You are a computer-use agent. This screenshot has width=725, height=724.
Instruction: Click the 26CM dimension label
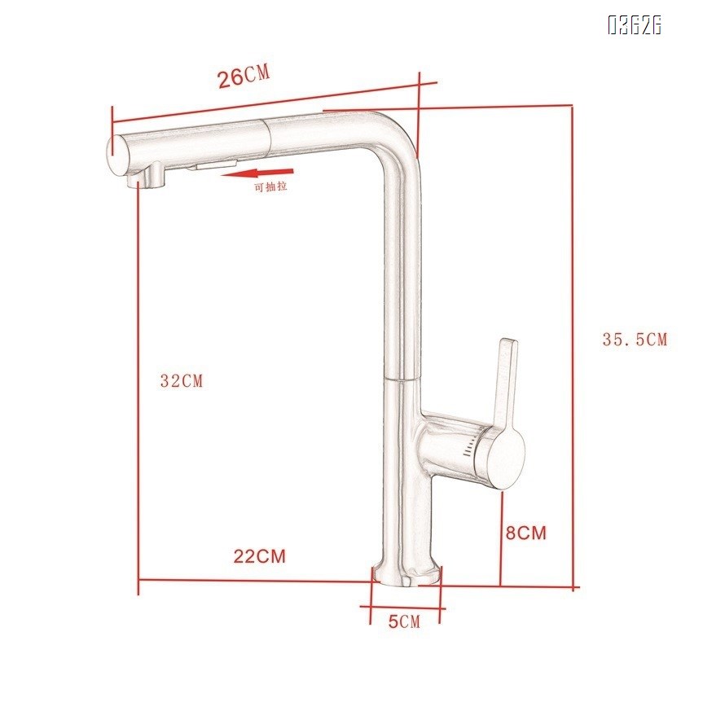tap(243, 77)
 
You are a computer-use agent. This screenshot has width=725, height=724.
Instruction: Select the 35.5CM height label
tap(634, 340)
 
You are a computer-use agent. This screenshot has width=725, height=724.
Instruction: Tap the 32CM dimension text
tap(181, 380)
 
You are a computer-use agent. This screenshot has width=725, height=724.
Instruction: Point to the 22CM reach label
tap(260, 557)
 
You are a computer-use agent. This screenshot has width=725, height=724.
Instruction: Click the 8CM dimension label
tap(525, 533)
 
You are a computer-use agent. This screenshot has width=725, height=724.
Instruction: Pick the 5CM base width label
tap(403, 622)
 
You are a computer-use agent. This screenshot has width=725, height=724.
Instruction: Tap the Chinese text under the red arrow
tap(270, 186)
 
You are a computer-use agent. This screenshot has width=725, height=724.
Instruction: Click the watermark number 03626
tap(634, 25)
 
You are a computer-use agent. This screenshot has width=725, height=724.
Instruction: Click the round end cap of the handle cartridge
tap(506, 460)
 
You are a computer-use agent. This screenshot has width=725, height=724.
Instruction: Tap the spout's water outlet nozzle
tap(149, 175)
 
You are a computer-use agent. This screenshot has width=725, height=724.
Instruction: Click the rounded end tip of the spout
tap(116, 154)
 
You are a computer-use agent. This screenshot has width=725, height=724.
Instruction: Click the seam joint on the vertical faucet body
tap(399, 380)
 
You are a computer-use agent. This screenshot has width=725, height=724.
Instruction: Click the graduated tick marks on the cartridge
tap(470, 450)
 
